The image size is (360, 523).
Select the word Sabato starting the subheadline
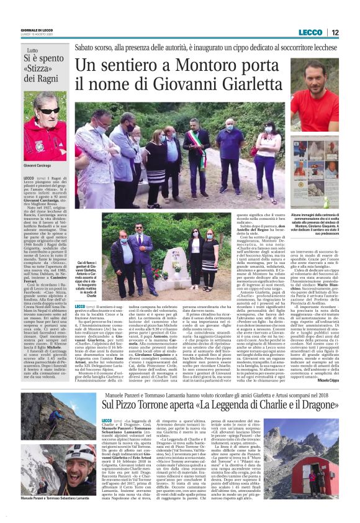click(86, 47)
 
